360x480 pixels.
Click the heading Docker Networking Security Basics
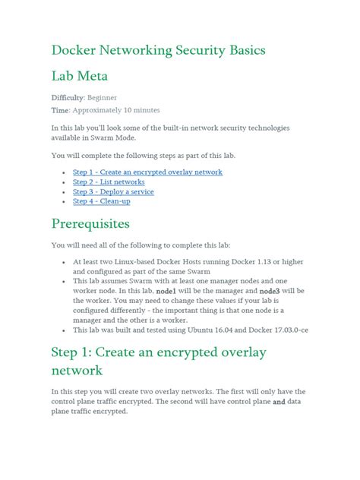[157, 50]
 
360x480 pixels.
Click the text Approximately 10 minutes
[116, 110]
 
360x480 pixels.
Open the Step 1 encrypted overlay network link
[147, 172]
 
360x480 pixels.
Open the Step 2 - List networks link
[109, 182]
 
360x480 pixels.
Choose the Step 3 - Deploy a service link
[113, 192]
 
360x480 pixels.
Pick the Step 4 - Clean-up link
[101, 201]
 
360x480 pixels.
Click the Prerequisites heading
[101, 224]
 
